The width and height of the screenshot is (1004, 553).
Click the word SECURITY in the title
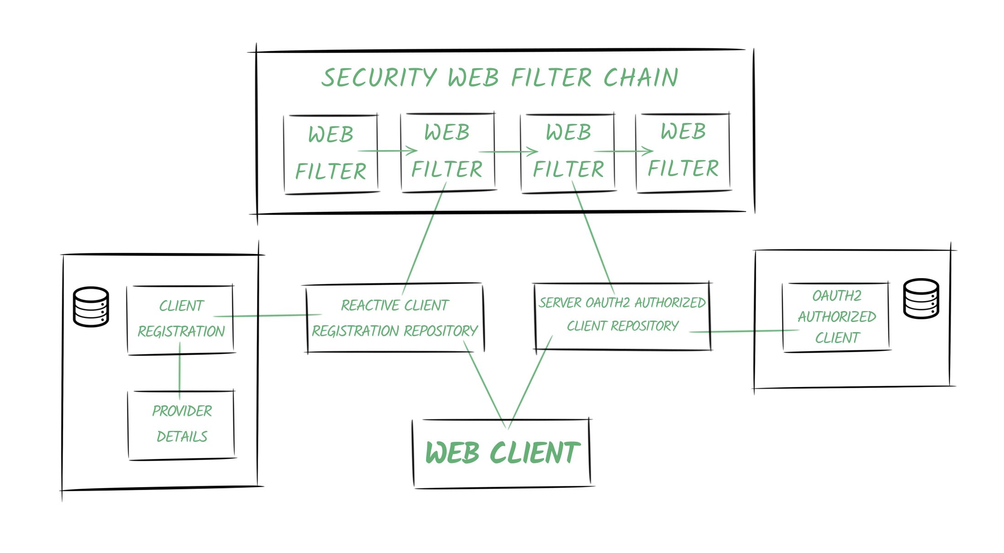tap(379, 78)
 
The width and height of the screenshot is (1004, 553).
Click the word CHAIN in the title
tap(641, 78)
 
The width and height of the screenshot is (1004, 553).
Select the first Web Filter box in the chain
tap(331, 153)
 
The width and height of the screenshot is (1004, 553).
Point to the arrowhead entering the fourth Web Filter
tap(648, 151)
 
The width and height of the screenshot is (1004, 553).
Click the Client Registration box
tap(181, 319)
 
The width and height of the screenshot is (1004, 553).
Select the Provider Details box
tap(182, 424)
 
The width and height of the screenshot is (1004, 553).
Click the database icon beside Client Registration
tap(91, 306)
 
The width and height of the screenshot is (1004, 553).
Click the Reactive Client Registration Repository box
tap(395, 318)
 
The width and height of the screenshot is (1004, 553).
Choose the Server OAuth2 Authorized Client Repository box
tap(622, 316)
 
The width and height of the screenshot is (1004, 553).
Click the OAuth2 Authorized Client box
tap(836, 317)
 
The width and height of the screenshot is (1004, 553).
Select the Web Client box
tap(502, 453)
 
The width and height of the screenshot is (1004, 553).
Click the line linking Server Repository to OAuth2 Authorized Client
tap(745, 331)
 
